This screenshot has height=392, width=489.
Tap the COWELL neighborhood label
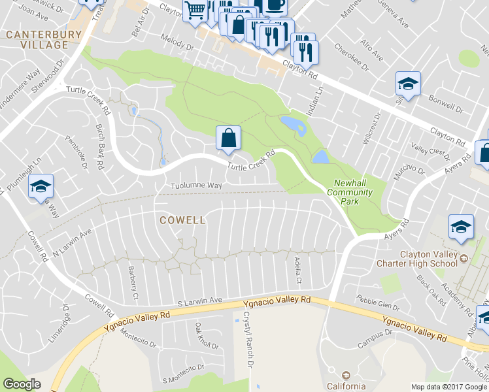(x=183, y=220)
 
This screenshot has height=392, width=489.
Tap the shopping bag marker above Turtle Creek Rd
(x=228, y=139)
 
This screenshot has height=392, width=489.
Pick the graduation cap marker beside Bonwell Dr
(x=408, y=84)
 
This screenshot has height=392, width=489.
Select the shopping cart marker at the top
(x=195, y=10)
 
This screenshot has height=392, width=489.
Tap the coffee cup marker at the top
(x=275, y=5)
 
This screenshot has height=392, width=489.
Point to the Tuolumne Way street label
(x=197, y=186)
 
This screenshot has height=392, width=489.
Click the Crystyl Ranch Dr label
(x=247, y=338)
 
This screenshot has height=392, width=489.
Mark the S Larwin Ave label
(x=200, y=301)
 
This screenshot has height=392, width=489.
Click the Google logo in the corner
(x=22, y=384)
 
